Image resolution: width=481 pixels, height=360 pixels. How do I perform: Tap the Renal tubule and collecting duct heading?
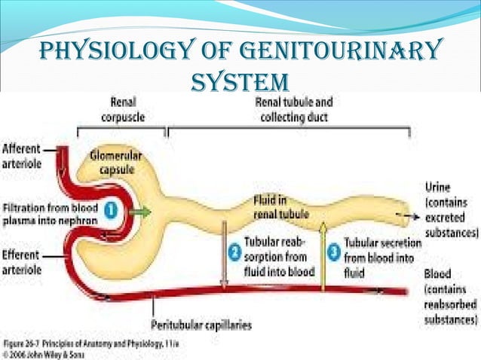295,108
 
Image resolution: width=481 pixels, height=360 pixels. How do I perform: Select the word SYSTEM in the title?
240,81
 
